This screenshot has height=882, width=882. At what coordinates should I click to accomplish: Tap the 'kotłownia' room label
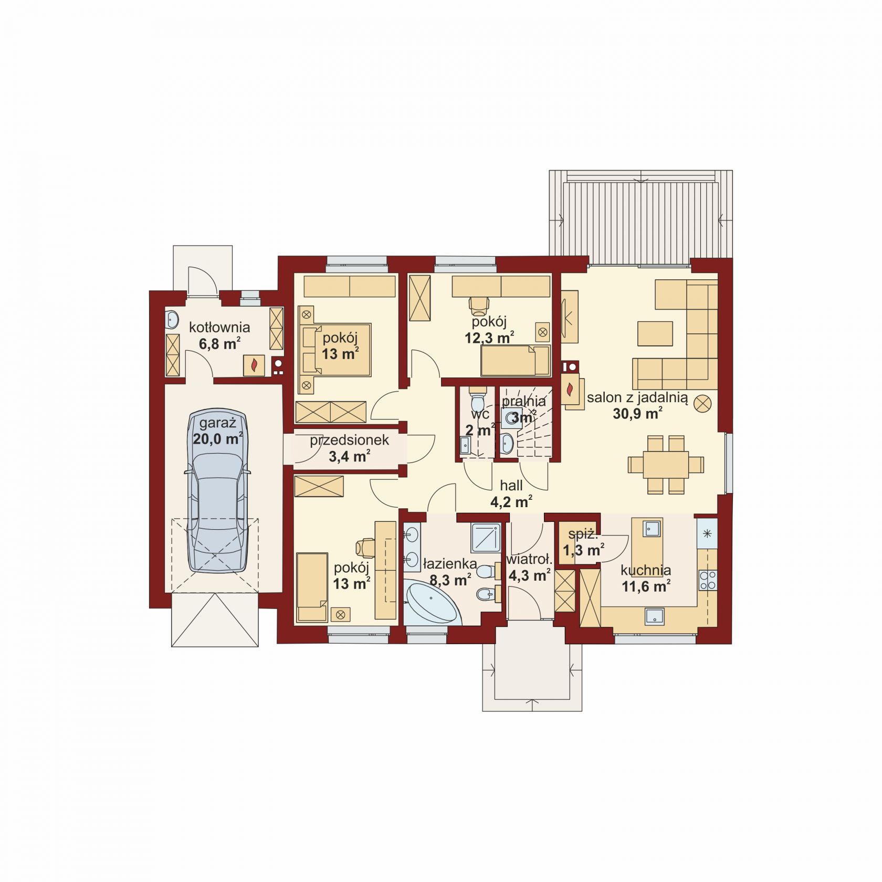219,328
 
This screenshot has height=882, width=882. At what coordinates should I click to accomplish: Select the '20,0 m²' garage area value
217,438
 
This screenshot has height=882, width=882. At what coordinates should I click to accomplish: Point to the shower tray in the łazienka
486,538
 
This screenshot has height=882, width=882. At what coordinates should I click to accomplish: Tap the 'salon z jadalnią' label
637,398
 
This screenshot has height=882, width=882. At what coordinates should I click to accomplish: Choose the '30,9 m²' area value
637,414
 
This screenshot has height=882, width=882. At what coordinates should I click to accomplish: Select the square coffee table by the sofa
655,333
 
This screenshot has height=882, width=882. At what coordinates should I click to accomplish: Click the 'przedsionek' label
349,440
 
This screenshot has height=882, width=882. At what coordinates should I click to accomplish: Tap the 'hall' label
511,486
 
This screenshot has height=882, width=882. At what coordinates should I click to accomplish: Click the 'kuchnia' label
646,570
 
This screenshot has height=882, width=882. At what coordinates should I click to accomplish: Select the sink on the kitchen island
652,528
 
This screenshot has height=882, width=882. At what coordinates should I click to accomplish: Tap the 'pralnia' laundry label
523,402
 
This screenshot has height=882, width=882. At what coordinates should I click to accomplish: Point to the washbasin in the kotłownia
172,319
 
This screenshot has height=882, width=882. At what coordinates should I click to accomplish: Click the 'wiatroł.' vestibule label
529,560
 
